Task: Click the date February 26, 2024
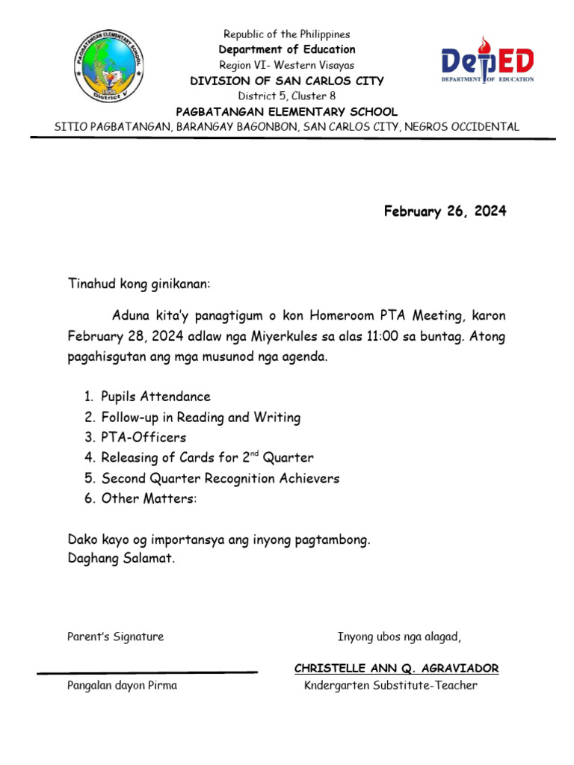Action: (x=445, y=211)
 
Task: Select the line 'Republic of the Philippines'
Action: (x=286, y=34)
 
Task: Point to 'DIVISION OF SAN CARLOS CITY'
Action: (x=286, y=81)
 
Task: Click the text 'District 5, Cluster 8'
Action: (x=286, y=96)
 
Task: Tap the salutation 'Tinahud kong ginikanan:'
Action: (x=140, y=285)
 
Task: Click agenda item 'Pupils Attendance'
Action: (x=155, y=397)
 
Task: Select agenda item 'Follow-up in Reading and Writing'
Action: (x=200, y=418)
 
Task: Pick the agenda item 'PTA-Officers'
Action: (x=143, y=438)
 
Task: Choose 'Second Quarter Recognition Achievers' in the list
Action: (x=220, y=478)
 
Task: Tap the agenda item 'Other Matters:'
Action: (x=149, y=498)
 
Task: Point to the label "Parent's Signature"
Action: (x=115, y=637)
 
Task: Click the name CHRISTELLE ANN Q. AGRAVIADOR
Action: (x=396, y=668)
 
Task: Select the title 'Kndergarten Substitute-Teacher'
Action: (x=390, y=685)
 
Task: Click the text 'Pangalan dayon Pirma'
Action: (x=122, y=685)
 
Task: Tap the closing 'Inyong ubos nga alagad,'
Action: (x=399, y=637)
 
